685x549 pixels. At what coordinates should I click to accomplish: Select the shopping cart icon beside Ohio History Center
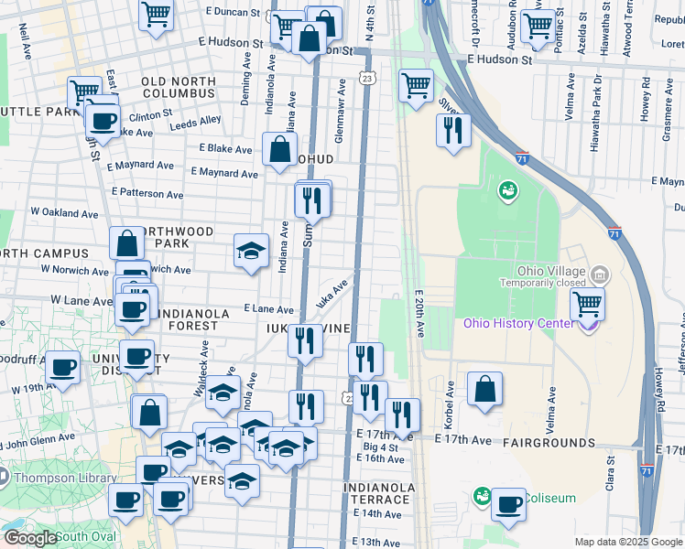coord(587,304)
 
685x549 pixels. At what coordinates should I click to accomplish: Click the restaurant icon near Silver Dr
coord(453,130)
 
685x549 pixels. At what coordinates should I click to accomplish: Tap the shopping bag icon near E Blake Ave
coord(279,150)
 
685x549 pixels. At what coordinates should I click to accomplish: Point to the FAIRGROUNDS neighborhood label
coord(549,443)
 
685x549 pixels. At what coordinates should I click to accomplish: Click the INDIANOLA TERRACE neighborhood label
coord(376,494)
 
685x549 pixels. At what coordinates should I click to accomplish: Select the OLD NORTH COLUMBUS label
coord(179,88)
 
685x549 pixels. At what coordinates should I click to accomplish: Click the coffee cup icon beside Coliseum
coord(508,504)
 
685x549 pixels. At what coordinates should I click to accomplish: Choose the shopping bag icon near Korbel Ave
coord(484,389)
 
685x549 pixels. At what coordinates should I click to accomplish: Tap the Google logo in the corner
coord(29,538)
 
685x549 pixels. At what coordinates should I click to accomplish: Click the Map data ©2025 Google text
coord(627,542)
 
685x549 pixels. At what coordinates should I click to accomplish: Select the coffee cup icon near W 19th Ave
coord(62,368)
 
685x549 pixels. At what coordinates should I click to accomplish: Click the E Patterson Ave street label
coord(147,194)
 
